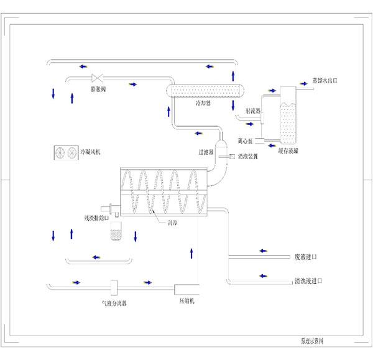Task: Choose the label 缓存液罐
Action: [287, 150]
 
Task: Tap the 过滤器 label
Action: [206, 152]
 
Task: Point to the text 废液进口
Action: [305, 256]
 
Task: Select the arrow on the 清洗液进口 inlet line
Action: [264, 276]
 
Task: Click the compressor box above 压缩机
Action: [187, 289]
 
